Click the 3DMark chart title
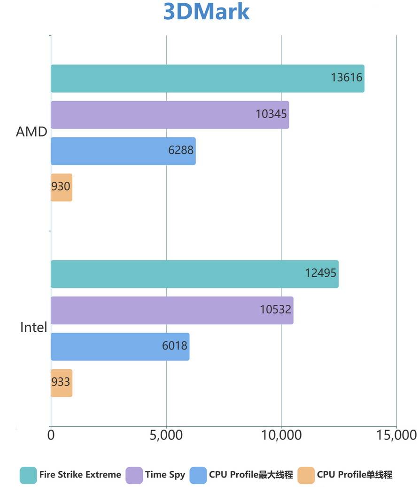pyautogui.click(x=206, y=12)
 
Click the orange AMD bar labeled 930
pyautogui.click(x=62, y=187)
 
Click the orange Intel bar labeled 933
pyautogui.click(x=62, y=383)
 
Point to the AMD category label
pyautogui.click(x=31, y=132)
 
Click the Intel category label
pyautogui.click(x=33, y=327)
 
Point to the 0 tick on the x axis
pyautogui.click(x=51, y=435)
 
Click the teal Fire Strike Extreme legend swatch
pyautogui.click(x=28, y=475)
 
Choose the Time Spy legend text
pyautogui.click(x=165, y=475)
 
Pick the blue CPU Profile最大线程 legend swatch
pyautogui.click(x=198, y=475)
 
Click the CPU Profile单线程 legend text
pyautogui.click(x=355, y=475)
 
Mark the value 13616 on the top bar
pyautogui.click(x=347, y=77)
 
